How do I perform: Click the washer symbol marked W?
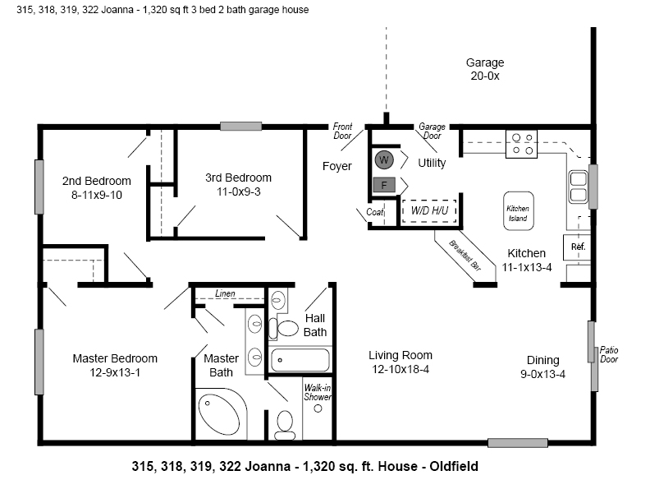tap(384, 159)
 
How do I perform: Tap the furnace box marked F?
tap(384, 185)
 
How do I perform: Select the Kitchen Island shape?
tap(518, 211)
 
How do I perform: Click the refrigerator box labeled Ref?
tap(577, 247)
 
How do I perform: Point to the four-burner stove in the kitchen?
tap(521, 144)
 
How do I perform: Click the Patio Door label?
tap(609, 354)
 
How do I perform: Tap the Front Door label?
tap(342, 131)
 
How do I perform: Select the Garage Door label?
tap(432, 131)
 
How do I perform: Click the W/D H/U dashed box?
tap(429, 211)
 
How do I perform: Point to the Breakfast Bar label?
tap(465, 256)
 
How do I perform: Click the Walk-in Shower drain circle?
tap(318, 408)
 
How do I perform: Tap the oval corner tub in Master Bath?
tap(219, 415)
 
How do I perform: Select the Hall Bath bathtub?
tap(300, 359)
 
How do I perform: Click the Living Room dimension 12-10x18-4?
tap(401, 369)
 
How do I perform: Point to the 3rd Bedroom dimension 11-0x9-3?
tap(238, 192)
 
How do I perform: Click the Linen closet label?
tap(225, 293)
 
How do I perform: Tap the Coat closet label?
tap(375, 212)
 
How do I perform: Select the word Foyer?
tap(337, 166)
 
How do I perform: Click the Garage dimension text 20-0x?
tap(485, 76)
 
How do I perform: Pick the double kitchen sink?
tap(578, 187)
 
